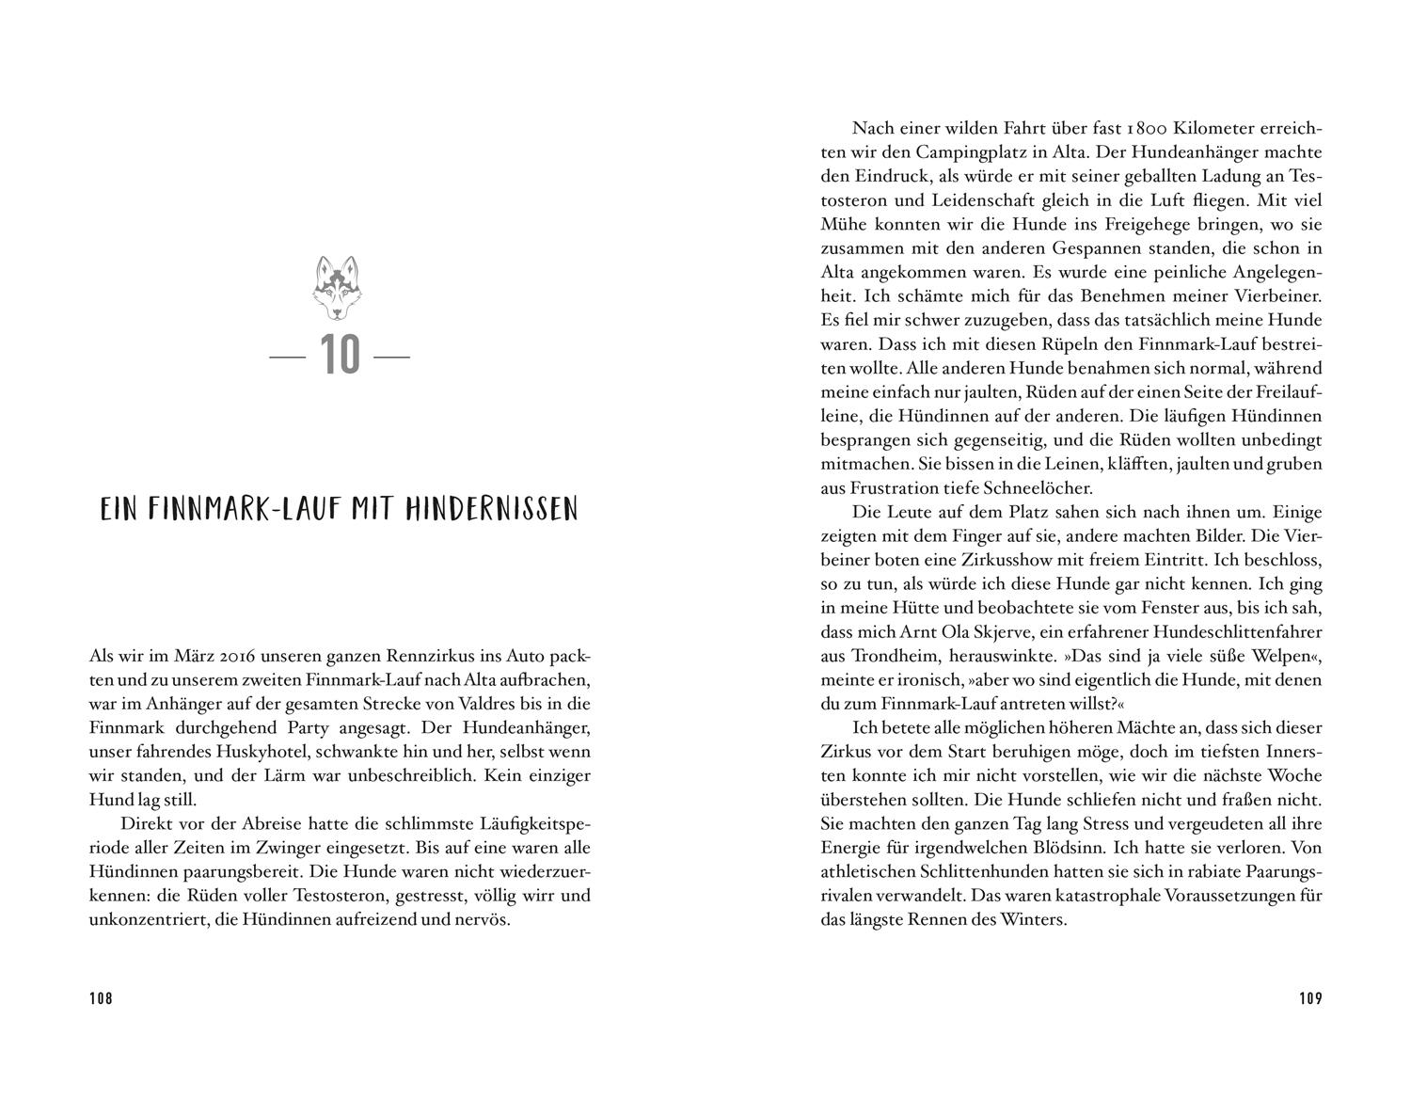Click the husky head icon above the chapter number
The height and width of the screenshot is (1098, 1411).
tap(340, 286)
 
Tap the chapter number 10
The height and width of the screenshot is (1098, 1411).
tap(340, 357)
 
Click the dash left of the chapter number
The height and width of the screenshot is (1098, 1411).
tap(288, 358)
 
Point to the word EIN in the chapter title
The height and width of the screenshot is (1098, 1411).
tap(119, 510)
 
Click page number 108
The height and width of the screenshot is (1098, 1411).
tap(101, 998)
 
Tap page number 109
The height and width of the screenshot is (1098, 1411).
tap(1310, 998)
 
